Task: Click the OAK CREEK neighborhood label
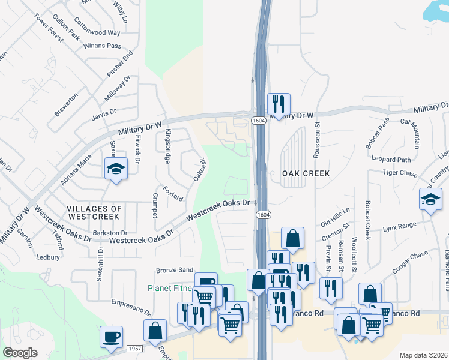(x=306, y=173)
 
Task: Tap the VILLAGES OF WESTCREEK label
(x=95, y=212)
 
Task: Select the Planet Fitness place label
(x=171, y=288)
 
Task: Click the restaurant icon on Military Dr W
(x=278, y=104)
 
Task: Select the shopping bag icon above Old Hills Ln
(x=292, y=239)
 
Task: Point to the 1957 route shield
(x=135, y=349)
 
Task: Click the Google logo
(x=20, y=353)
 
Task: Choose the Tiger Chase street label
(x=400, y=173)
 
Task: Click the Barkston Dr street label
(x=110, y=233)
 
